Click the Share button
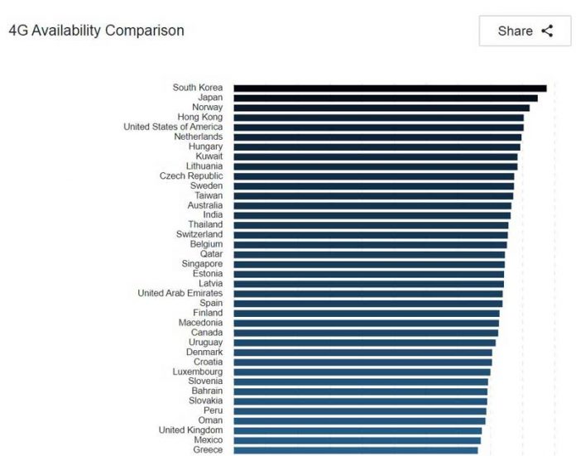(525, 31)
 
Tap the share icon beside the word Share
(547, 31)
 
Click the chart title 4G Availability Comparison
(96, 31)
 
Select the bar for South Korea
(389, 88)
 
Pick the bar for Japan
(385, 98)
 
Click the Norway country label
(207, 108)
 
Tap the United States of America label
(173, 127)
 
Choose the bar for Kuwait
(375, 156)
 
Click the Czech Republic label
(191, 176)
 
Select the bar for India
(372, 215)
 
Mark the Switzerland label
(199, 234)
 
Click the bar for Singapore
(369, 264)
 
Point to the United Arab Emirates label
(180, 293)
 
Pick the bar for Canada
(366, 333)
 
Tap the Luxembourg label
(198, 372)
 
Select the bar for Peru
(360, 410)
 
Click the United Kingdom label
(191, 430)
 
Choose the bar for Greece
(356, 449)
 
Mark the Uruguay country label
(205, 343)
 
